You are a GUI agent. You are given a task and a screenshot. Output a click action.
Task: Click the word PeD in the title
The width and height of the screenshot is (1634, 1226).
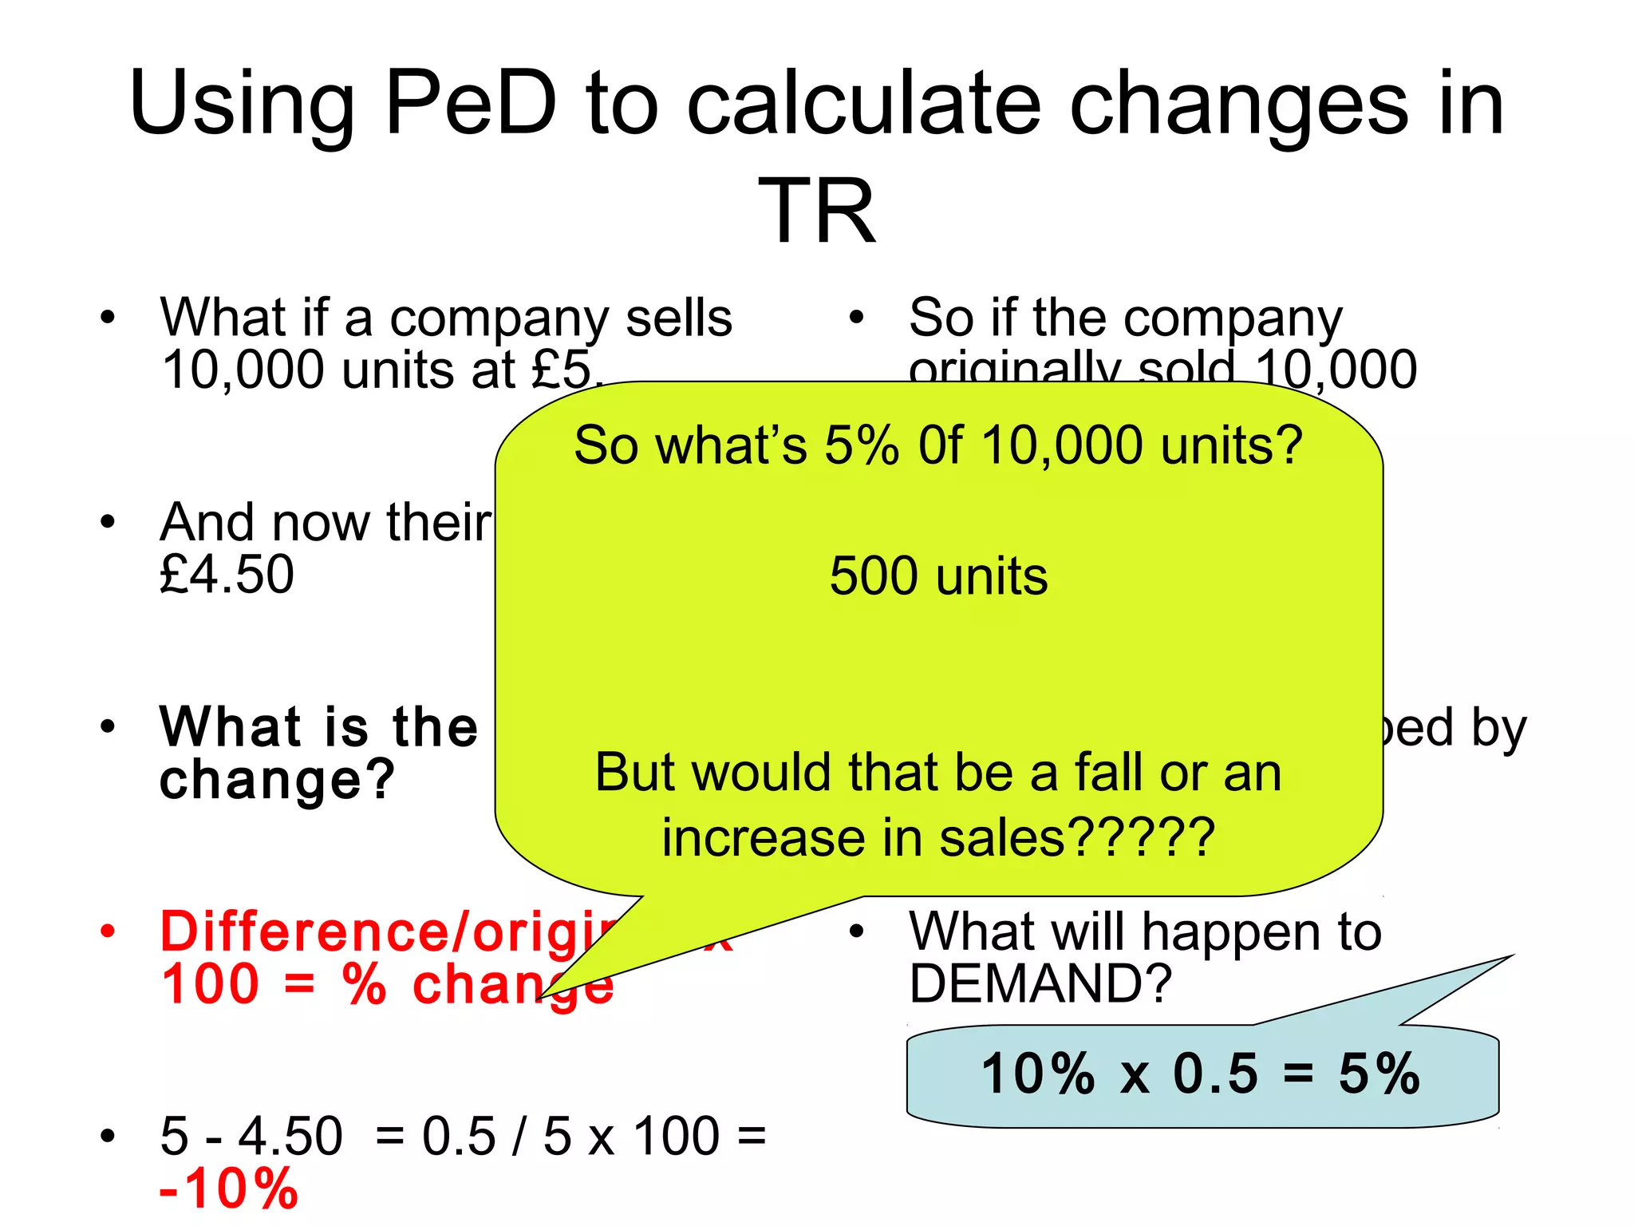coord(470,104)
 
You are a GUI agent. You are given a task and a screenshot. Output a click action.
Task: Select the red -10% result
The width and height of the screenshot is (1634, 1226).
coord(229,1188)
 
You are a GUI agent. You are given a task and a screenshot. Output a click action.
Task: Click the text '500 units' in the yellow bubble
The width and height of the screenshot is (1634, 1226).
coord(938,576)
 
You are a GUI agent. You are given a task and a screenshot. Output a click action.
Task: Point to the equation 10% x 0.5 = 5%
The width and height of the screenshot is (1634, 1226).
coord(1200,1074)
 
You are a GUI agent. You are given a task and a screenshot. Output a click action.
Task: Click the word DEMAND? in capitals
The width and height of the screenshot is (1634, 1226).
coord(1040,983)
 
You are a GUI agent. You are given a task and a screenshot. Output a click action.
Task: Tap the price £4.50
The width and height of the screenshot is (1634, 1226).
coord(227,575)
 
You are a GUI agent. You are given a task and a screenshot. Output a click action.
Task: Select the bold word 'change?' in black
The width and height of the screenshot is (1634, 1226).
coord(277,780)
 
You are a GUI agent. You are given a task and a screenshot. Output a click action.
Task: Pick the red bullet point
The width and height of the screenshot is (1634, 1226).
coord(108,931)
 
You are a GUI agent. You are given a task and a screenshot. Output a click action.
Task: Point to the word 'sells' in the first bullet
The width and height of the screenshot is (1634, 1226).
coord(679,318)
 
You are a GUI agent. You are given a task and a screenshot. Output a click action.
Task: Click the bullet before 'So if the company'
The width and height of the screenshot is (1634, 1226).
coord(856,318)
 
